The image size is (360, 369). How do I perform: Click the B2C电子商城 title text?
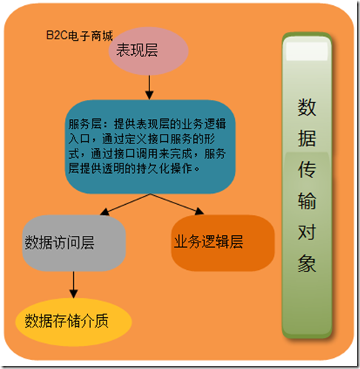(x=79, y=35)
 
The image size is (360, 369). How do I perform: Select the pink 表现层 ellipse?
(x=149, y=51)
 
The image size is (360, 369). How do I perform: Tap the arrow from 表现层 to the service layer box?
(x=149, y=87)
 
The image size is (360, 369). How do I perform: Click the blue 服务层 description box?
(x=150, y=146)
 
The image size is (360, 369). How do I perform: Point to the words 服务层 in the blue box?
(x=85, y=124)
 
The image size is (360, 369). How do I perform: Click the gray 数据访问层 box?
(x=74, y=243)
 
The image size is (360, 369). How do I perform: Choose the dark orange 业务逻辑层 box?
(x=223, y=243)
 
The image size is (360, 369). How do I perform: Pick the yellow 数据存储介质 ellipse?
(x=73, y=322)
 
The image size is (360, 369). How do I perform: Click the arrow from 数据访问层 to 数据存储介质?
(x=73, y=285)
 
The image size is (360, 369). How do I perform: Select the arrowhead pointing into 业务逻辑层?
(x=200, y=211)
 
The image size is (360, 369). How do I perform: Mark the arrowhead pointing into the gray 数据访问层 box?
(x=104, y=212)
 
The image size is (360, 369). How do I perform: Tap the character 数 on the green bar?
(x=307, y=107)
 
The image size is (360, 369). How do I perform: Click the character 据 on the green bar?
(x=307, y=138)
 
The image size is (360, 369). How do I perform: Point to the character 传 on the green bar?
(x=307, y=169)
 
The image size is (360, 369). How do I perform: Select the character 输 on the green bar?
(x=307, y=201)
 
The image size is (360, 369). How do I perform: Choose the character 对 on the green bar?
(x=307, y=232)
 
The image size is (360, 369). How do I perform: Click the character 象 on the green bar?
(x=307, y=263)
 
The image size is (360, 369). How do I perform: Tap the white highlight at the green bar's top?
(x=307, y=51)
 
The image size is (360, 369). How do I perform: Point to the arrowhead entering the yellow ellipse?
(x=73, y=294)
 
